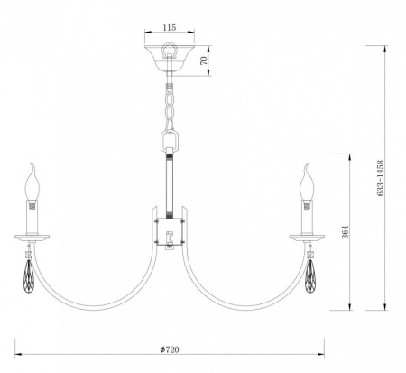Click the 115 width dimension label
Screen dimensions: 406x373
pos(170,27)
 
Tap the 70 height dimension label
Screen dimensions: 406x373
pos(204,61)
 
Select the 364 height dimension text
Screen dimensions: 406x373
pos(346,232)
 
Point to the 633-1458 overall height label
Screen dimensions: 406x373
pos(381,178)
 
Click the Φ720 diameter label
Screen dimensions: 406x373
pos(170,350)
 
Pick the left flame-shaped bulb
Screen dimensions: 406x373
pos(32,182)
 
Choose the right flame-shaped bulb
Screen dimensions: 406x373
pos(307,182)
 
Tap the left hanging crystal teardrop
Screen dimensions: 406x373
pos(28,275)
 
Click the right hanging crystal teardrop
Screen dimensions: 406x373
pos(310,275)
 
